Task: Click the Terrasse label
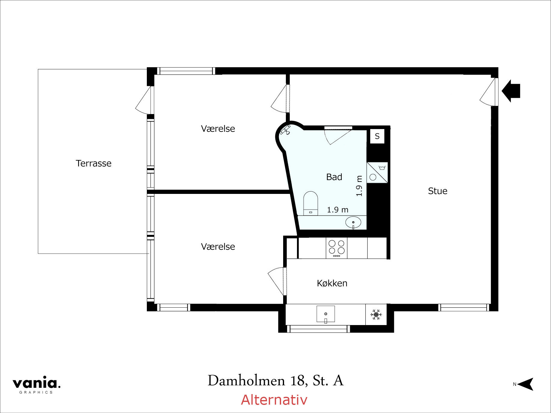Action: click(93, 163)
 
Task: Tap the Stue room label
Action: click(437, 191)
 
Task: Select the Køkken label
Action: click(332, 283)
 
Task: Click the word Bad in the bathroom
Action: click(334, 177)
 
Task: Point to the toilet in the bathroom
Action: click(310, 203)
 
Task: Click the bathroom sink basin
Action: click(353, 223)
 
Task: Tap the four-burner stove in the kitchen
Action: click(337, 248)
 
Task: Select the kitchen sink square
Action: click(325, 314)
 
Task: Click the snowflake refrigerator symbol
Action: click(376, 315)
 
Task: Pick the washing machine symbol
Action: click(377, 172)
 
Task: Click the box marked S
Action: click(377, 136)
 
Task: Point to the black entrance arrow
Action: click(511, 91)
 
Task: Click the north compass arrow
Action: click(525, 384)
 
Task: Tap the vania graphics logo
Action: click(36, 384)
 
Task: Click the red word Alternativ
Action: click(274, 400)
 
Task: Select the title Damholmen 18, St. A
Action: click(275, 381)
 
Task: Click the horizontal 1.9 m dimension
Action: click(338, 210)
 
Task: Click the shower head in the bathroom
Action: click(286, 130)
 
